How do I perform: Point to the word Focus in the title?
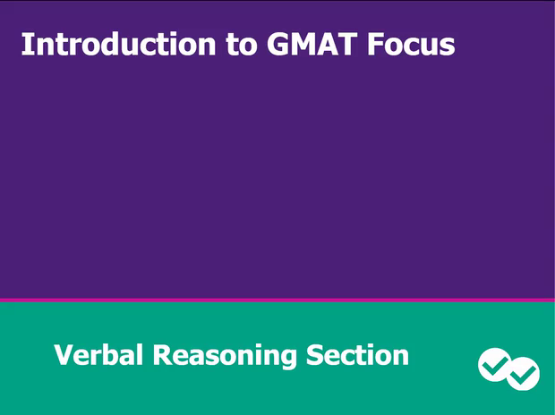[x=410, y=44]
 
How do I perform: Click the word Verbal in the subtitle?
[x=98, y=355]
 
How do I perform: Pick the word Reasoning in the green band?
[x=225, y=357]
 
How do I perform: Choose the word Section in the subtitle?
[x=357, y=355]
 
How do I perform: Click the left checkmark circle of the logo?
[x=494, y=363]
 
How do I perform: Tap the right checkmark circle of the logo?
[x=523, y=374]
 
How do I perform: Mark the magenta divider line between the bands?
[x=277, y=300]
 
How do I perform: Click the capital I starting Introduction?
[x=26, y=44]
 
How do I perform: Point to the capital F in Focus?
[x=375, y=44]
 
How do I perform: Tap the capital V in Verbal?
[x=64, y=355]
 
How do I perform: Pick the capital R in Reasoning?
[x=161, y=355]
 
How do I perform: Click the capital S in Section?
[x=316, y=355]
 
